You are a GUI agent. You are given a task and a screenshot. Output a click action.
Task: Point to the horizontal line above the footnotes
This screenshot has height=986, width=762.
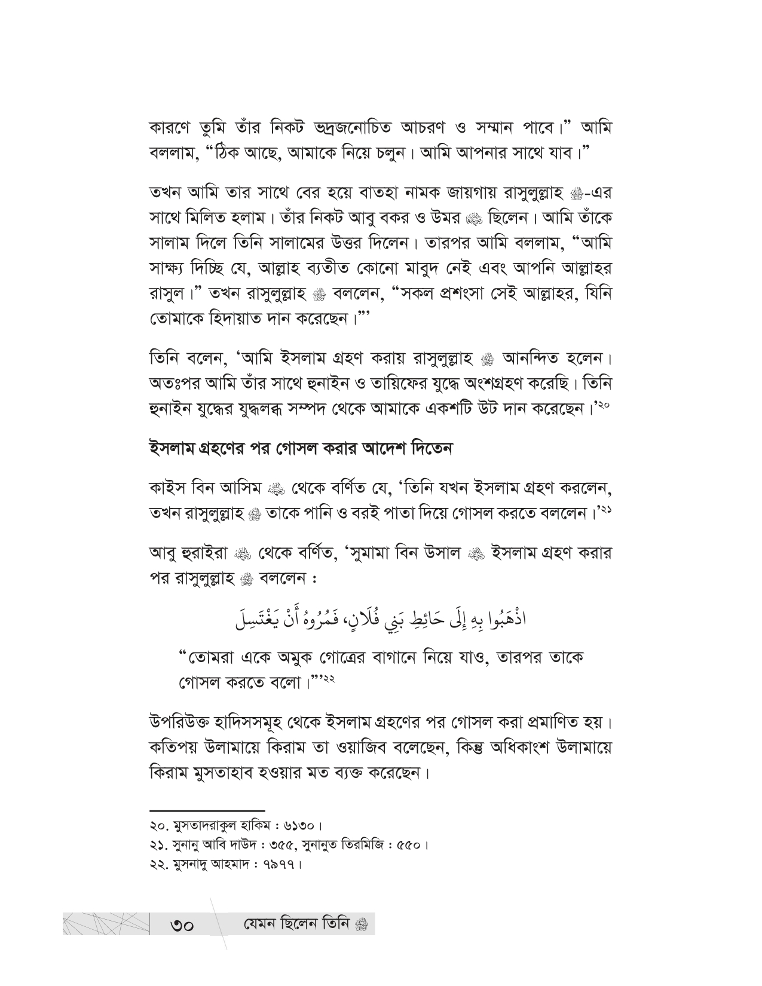tap(206, 809)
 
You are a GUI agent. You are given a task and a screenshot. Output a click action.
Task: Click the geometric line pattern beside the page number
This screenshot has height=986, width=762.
tap(105, 924)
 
